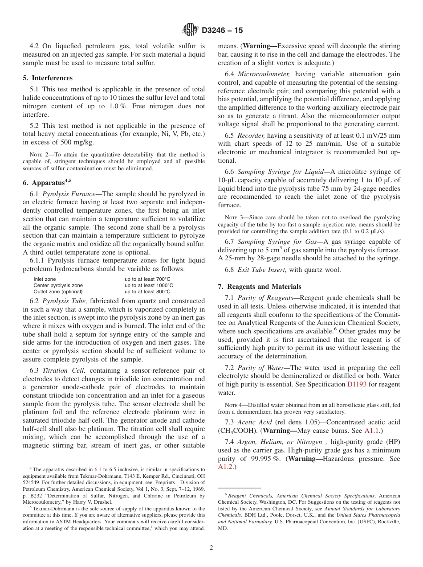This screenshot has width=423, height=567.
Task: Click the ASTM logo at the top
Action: [190, 30]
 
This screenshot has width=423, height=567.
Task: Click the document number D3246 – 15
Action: [222, 31]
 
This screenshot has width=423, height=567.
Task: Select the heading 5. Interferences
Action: [48, 78]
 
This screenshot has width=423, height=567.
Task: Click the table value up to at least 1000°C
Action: [149, 285]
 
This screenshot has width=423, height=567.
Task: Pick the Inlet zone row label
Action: [45, 279]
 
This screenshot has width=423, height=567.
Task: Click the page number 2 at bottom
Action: [211, 548]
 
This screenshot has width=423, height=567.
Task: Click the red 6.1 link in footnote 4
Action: [98, 469]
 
